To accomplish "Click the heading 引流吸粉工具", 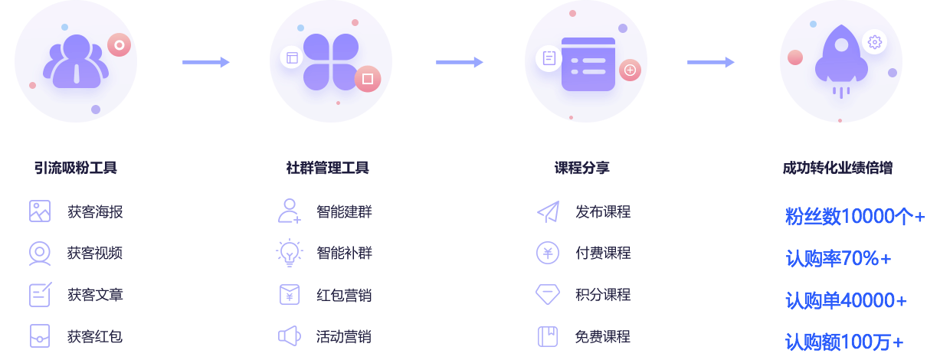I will pyautogui.click(x=75, y=168).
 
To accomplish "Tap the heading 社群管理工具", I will pyautogui.click(x=327, y=168).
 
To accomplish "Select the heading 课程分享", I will pyautogui.click(x=582, y=168).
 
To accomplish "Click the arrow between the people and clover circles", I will pyautogui.click(x=206, y=62).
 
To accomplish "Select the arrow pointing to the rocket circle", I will pyautogui.click(x=711, y=62).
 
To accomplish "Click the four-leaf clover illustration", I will pyautogui.click(x=330, y=61).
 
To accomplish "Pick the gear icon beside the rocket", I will pyautogui.click(x=875, y=42).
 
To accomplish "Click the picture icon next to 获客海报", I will pyautogui.click(x=40, y=211).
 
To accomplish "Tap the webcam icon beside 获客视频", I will pyautogui.click(x=40, y=253).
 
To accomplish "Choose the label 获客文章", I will pyautogui.click(x=95, y=295).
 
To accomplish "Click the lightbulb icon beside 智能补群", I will pyautogui.click(x=290, y=253).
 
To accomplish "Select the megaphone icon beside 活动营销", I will pyautogui.click(x=289, y=336).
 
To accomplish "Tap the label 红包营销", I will pyautogui.click(x=344, y=295).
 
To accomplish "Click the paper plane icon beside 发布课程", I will pyautogui.click(x=548, y=211).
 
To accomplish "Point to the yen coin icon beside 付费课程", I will pyautogui.click(x=548, y=253).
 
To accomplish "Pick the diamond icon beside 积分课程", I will pyautogui.click(x=548, y=295).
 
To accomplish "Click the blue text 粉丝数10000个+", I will pyautogui.click(x=855, y=217).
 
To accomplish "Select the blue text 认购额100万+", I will pyautogui.click(x=844, y=342).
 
